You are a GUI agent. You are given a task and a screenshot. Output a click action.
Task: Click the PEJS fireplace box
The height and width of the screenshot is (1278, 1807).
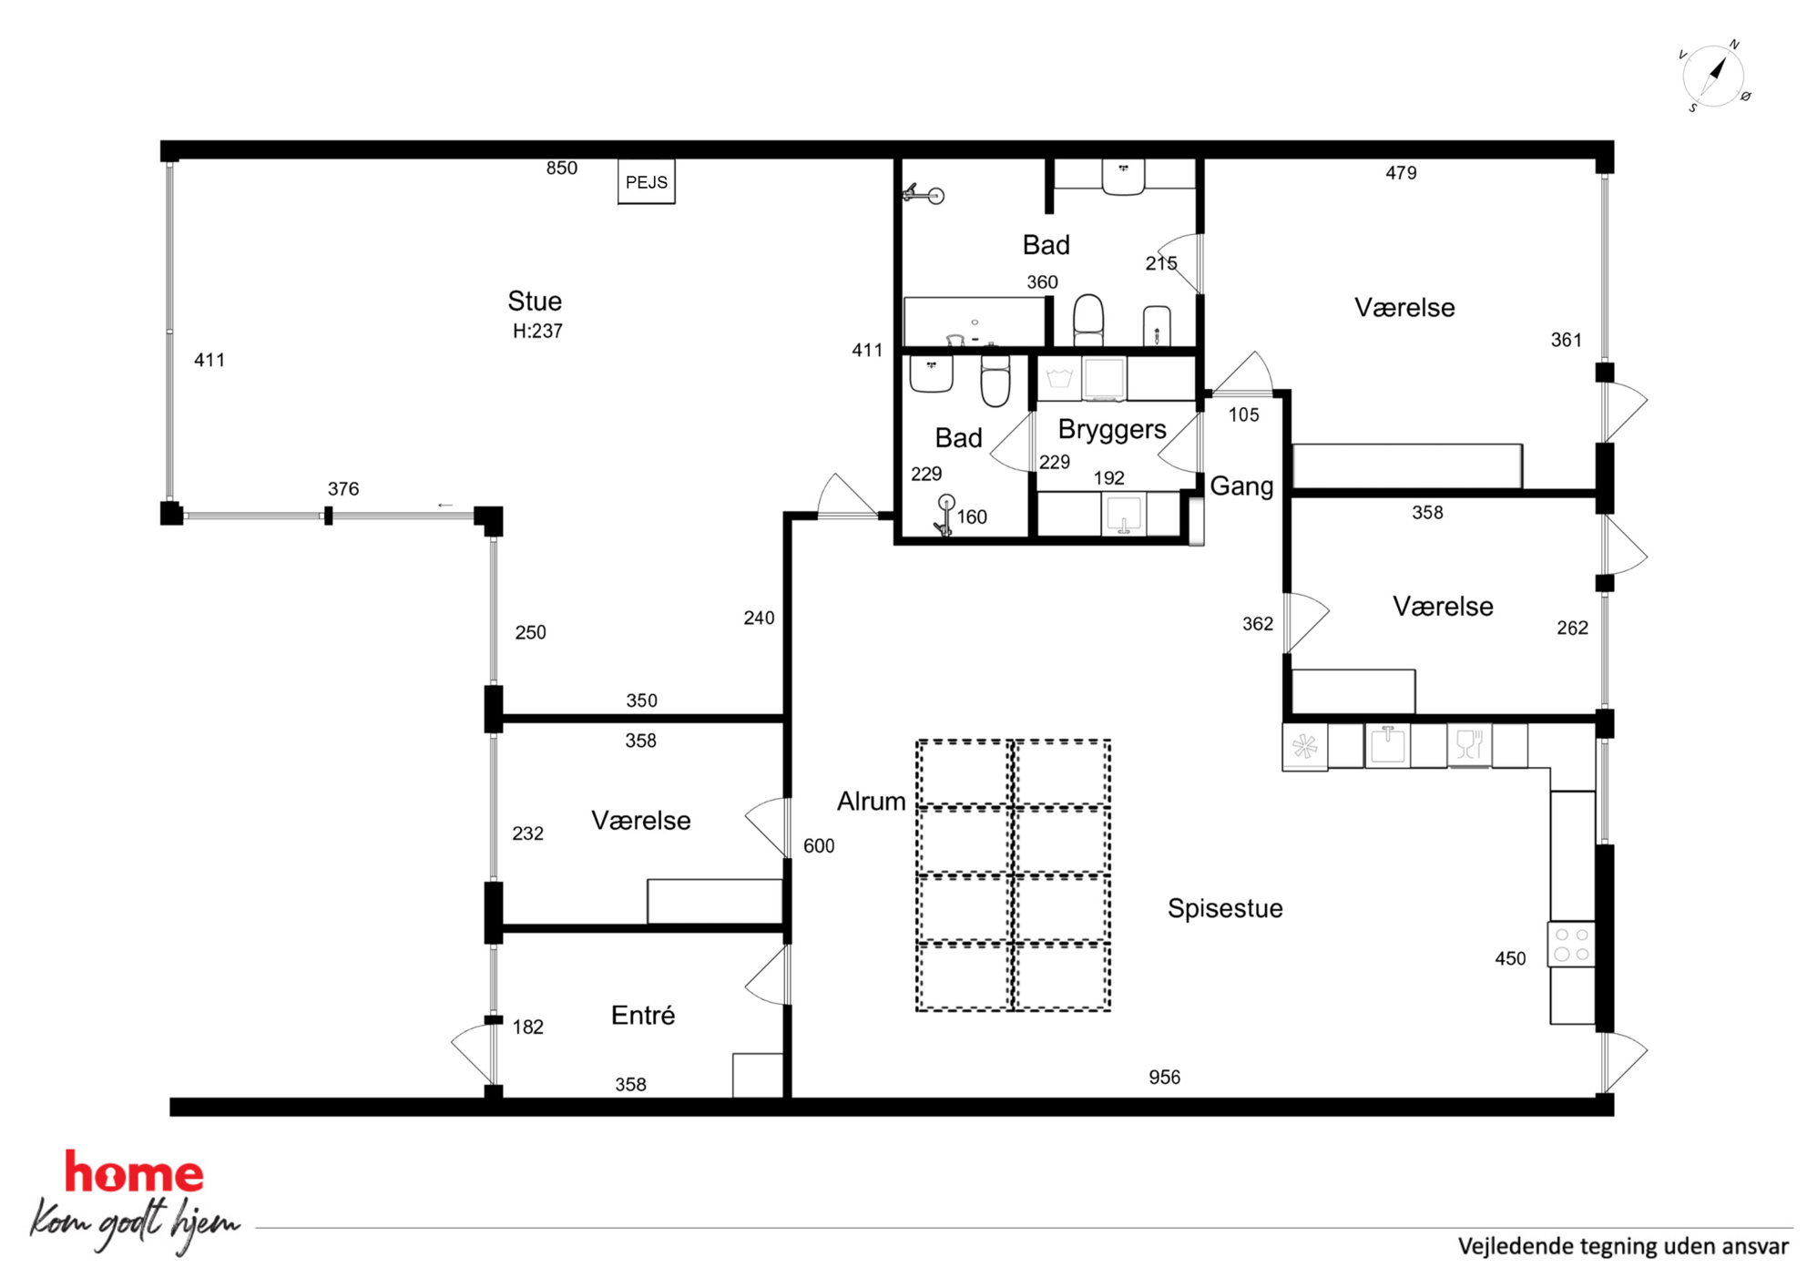coord(646,181)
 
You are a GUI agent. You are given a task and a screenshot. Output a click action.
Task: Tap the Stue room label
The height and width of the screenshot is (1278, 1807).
coord(535,301)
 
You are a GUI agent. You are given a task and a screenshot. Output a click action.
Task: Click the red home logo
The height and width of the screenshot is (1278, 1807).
coord(134,1172)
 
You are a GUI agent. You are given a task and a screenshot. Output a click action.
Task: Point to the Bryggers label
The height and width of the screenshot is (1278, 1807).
coord(1112,429)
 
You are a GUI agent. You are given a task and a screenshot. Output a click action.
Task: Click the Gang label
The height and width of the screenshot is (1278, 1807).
coord(1241,486)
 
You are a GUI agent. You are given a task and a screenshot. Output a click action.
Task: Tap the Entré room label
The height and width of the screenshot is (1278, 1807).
coord(643,1015)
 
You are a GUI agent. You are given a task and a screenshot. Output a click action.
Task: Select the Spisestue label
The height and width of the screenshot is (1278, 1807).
coord(1225,908)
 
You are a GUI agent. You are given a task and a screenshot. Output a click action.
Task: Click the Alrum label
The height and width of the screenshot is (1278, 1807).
coord(871,802)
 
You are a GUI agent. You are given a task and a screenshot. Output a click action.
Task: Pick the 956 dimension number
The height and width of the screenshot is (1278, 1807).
coord(1164,1078)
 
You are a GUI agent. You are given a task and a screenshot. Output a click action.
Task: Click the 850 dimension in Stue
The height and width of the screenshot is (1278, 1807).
coord(562,168)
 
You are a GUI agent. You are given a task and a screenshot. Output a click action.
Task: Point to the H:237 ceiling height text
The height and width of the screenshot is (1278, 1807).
coord(537,331)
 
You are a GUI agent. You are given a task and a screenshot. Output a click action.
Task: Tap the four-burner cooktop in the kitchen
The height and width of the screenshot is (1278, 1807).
coord(1571,945)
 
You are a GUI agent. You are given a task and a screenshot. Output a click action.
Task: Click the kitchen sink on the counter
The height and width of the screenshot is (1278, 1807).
coord(1387,745)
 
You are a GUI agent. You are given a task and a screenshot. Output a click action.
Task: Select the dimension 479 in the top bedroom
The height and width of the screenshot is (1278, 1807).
coord(1401,173)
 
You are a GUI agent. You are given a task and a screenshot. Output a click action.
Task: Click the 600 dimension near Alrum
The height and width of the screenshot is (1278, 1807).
coord(819,846)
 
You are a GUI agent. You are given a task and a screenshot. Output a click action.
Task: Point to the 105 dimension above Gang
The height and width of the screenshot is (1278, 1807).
coord(1243,415)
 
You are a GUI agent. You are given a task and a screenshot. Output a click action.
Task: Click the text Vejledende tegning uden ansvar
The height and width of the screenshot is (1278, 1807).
coord(1623,1246)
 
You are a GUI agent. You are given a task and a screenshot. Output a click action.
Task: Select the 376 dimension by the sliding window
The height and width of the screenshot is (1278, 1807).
coord(343,489)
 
